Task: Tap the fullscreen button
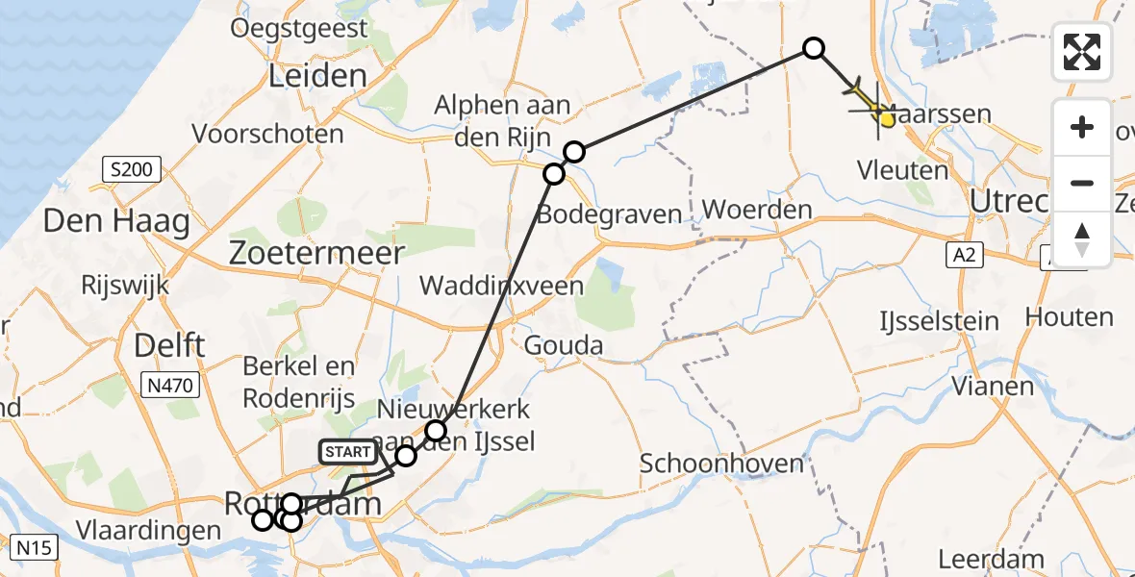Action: [x=1082, y=52]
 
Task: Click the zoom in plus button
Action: [x=1082, y=127]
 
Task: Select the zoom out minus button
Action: [x=1082, y=183]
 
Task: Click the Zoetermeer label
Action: [x=316, y=253]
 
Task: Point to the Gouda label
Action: [x=564, y=346]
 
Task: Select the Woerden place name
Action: [x=757, y=210]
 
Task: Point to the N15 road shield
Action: [x=36, y=548]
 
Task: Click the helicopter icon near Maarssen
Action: [x=871, y=102]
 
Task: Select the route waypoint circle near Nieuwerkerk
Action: [x=437, y=430]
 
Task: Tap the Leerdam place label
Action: [x=991, y=559]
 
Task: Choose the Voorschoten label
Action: [x=268, y=134]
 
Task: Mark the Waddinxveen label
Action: [x=501, y=286]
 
